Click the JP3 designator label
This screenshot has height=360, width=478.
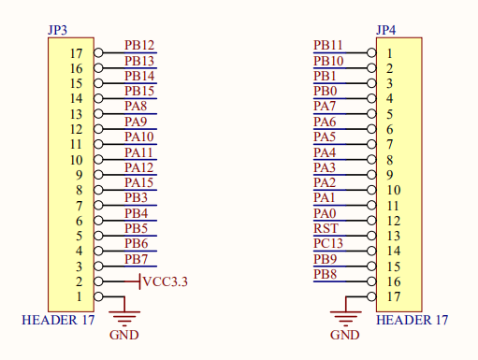57,30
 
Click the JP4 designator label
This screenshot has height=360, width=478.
386,30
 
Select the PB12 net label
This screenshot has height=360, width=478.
139,46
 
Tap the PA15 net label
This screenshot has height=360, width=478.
139,182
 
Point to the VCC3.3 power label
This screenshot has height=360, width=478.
166,281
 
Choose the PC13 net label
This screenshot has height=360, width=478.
328,243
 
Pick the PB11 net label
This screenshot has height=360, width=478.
328,45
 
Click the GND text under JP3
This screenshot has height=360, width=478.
124,335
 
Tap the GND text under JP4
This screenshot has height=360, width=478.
345,335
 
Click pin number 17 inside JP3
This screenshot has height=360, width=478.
77,53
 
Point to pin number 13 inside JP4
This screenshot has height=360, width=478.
394,236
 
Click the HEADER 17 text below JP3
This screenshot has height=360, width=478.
58,320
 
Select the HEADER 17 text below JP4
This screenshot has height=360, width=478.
412,320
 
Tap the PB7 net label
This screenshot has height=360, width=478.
136,259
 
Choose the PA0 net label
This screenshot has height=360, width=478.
325,213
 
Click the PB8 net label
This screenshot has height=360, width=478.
325,274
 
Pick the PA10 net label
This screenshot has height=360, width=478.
139,137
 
